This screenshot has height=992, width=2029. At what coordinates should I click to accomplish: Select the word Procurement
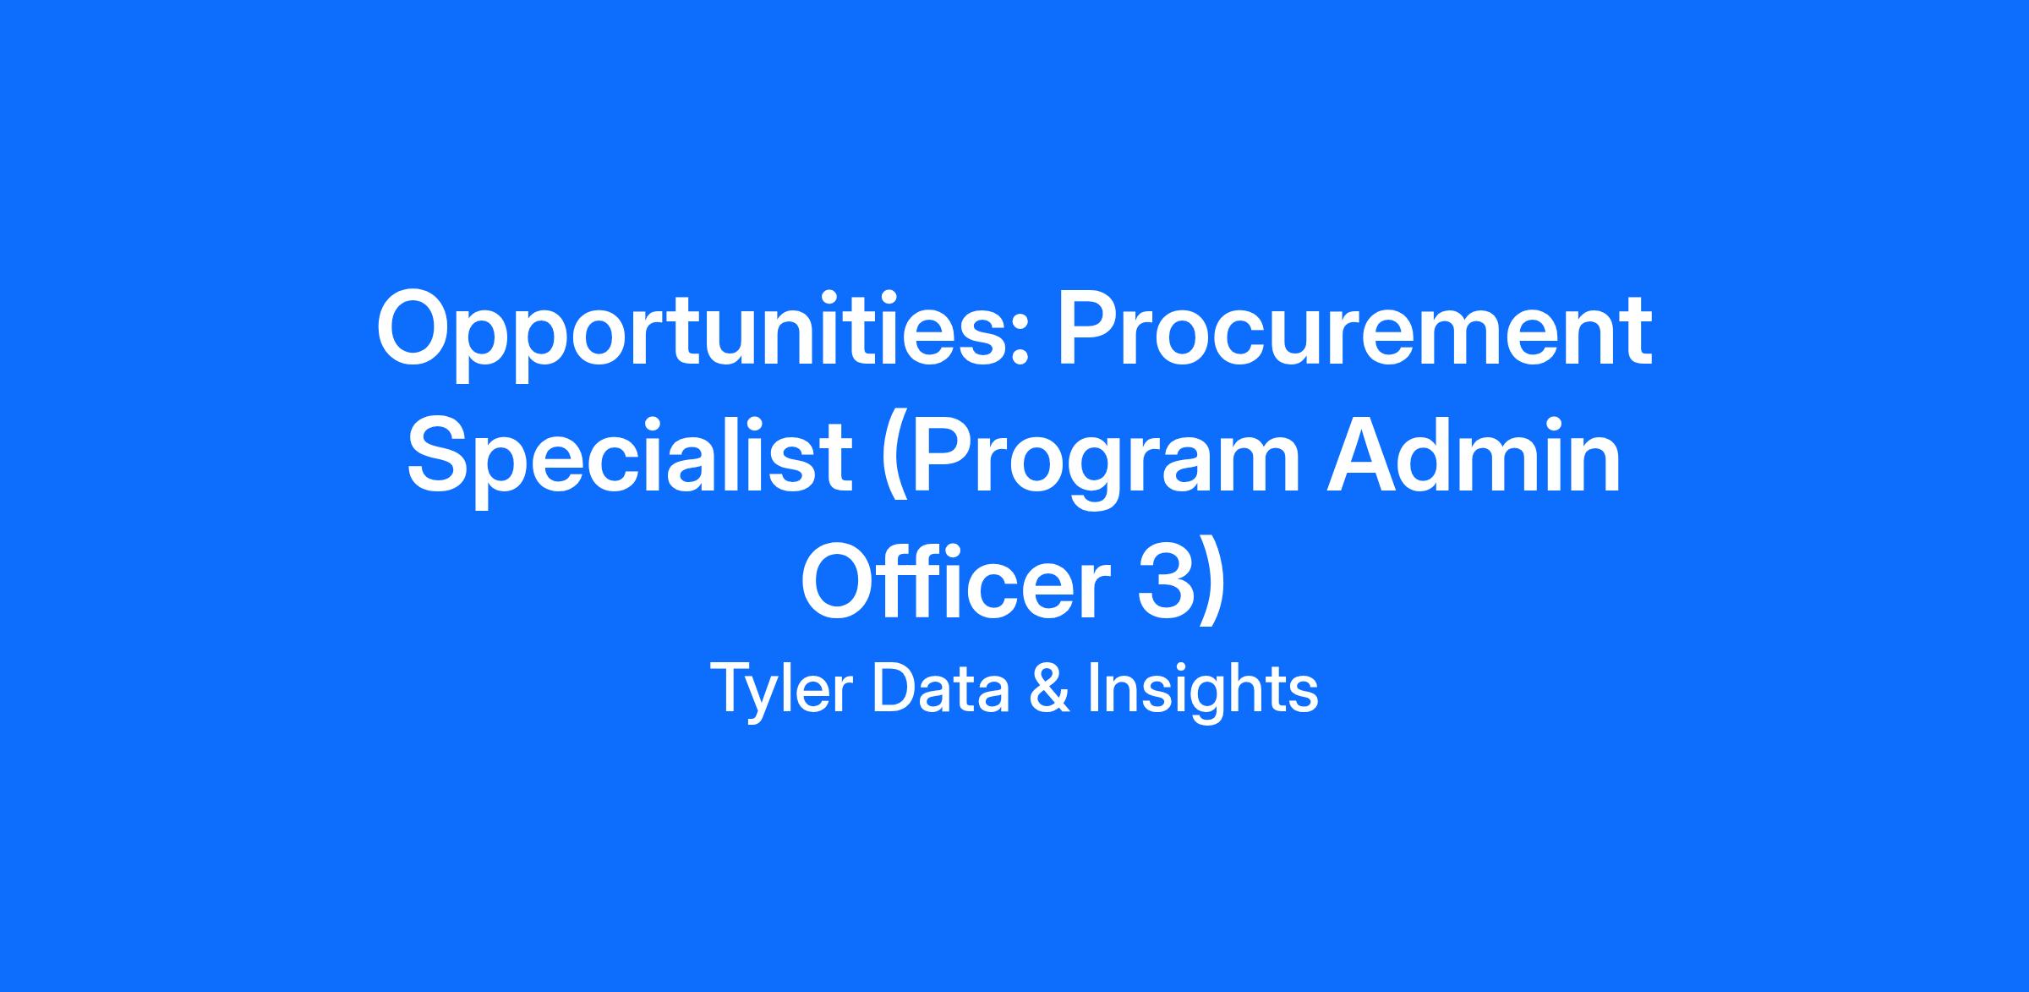pos(1355,328)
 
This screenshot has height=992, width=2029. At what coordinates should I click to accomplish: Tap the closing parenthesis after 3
pos(1211,589)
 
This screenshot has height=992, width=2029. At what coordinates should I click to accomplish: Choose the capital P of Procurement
pos(1092,328)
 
